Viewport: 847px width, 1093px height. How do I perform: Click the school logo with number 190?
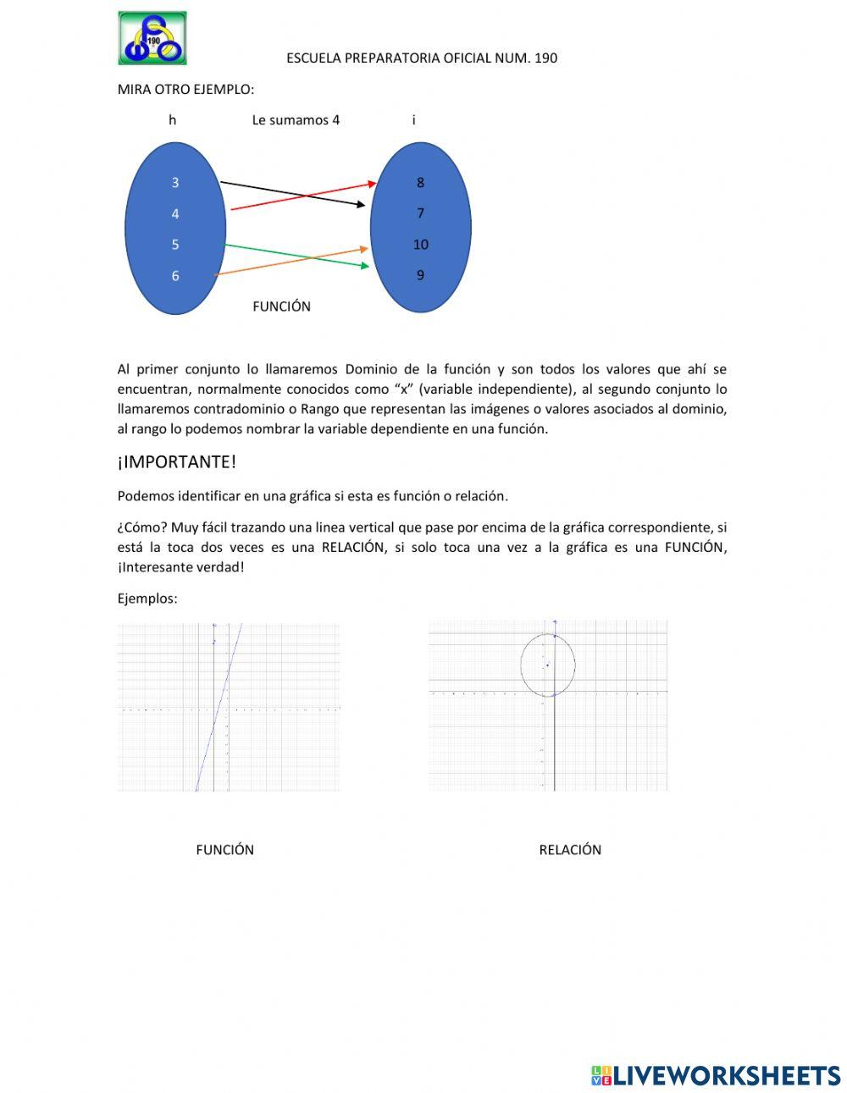(152, 38)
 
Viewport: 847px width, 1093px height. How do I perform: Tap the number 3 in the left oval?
(175, 182)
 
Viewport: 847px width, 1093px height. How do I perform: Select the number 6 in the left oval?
(175, 275)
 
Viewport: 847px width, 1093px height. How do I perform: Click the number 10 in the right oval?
(420, 245)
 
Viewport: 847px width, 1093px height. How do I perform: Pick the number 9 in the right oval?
(420, 275)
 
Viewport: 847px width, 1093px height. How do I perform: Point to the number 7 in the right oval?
(420, 213)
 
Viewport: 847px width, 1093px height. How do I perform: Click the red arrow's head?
(372, 183)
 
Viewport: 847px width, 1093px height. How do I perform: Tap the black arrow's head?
(361, 204)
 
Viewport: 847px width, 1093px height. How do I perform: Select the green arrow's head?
(365, 266)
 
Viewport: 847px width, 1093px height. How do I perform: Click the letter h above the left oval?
(172, 120)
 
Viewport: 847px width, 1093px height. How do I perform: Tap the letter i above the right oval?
(413, 120)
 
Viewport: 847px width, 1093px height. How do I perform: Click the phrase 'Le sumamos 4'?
(296, 120)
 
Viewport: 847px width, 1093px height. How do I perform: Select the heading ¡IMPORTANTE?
(176, 462)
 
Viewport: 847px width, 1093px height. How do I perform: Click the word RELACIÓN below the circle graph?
(570, 850)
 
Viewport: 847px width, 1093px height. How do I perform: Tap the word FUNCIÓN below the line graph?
(224, 850)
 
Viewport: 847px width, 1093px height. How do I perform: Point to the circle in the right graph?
(575, 665)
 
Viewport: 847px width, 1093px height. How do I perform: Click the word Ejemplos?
(147, 599)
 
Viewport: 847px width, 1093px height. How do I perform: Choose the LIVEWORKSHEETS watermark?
(716, 1075)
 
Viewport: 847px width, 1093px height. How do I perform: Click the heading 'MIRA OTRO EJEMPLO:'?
(185, 89)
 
